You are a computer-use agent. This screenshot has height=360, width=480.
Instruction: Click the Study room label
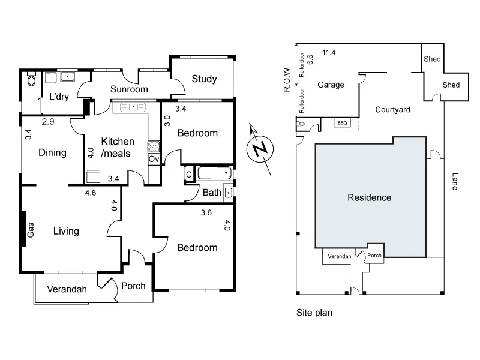[x=204, y=79]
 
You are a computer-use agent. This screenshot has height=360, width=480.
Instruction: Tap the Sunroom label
[x=128, y=89]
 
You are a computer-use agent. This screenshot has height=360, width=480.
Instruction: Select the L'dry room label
[x=59, y=97]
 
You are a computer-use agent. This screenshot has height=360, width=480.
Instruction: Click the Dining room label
[x=52, y=152]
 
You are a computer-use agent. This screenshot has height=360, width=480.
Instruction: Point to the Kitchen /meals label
[x=118, y=147]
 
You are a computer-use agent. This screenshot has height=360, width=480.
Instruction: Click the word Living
[x=67, y=231]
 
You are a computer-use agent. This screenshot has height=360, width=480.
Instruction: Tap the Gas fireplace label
[x=31, y=230]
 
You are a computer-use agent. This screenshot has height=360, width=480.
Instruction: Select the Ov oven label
[x=153, y=159]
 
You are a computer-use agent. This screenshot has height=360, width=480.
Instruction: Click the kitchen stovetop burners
[x=154, y=146]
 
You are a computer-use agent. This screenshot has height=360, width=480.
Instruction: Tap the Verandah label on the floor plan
[x=67, y=289]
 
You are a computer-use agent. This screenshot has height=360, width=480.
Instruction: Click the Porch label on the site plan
[x=374, y=255]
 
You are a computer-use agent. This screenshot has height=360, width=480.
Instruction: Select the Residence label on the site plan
[x=370, y=197]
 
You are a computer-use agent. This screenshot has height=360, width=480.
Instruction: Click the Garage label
[x=331, y=85]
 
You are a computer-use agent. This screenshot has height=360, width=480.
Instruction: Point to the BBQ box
[x=343, y=123]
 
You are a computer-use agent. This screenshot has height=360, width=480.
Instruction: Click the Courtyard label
[x=392, y=109]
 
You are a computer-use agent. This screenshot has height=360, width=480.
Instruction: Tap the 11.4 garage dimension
[x=328, y=53]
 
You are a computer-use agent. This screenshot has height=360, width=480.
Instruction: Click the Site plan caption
[x=314, y=313]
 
